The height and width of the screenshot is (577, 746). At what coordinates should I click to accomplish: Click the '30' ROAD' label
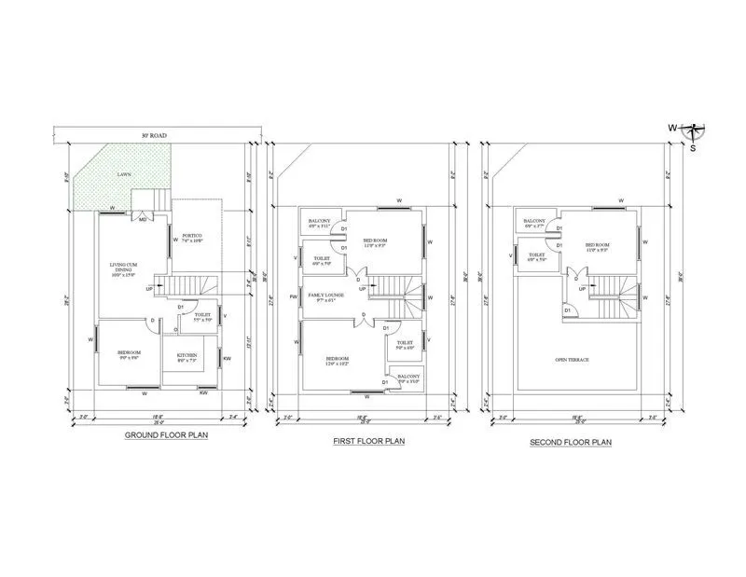click(154, 136)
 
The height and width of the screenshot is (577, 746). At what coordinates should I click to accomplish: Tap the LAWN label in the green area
click(124, 174)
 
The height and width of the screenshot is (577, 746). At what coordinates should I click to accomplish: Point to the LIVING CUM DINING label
click(123, 269)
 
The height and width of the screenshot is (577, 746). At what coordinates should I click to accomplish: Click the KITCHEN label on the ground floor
click(188, 357)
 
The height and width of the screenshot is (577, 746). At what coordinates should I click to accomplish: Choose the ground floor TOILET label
click(202, 316)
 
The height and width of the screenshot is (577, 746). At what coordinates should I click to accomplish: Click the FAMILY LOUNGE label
click(318, 295)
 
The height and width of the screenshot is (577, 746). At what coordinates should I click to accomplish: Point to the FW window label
click(293, 297)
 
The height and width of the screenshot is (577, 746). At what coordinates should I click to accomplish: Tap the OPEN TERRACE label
click(572, 360)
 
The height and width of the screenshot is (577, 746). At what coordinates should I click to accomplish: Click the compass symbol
click(693, 129)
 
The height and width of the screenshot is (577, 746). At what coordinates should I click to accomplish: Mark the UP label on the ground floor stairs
click(149, 289)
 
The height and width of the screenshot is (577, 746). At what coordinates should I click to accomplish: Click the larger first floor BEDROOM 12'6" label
click(338, 360)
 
